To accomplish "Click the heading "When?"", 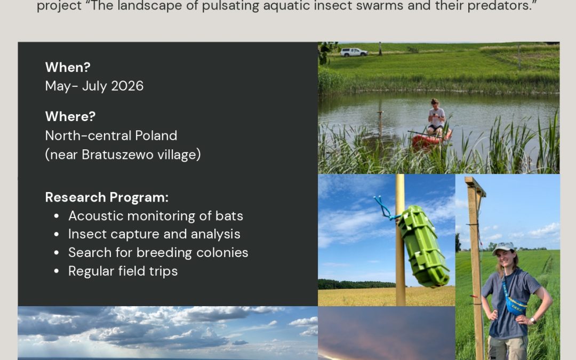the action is point(68,67).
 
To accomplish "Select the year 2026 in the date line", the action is point(127,86).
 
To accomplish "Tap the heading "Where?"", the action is point(70,116).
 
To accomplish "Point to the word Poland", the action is point(156,135).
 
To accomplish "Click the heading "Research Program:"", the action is point(107,198).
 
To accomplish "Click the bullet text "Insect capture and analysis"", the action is point(154,234).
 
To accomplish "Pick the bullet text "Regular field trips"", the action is point(123,271).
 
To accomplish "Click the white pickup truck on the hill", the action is point(354,52).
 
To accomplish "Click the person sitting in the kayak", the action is point(436,116).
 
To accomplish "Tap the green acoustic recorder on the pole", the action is point(424,245).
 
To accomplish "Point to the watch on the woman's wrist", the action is point(532,321).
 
